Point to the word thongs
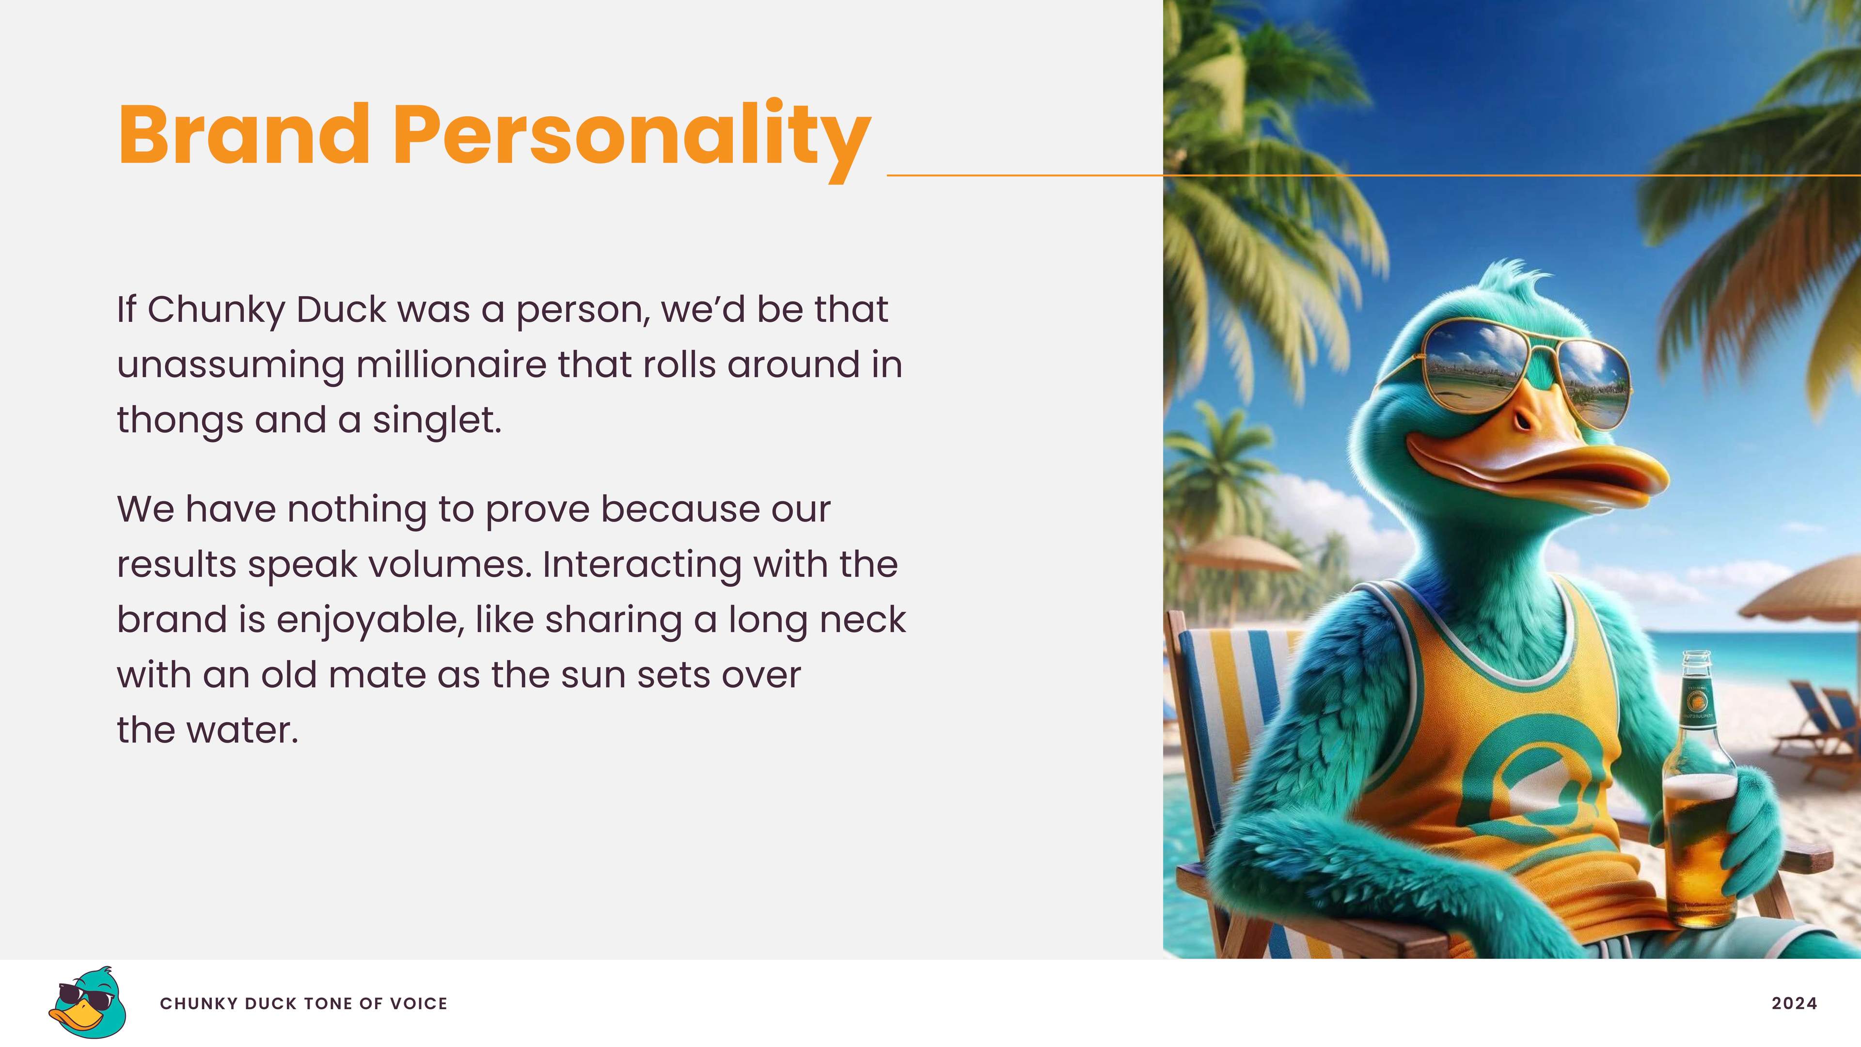click(x=180, y=421)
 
